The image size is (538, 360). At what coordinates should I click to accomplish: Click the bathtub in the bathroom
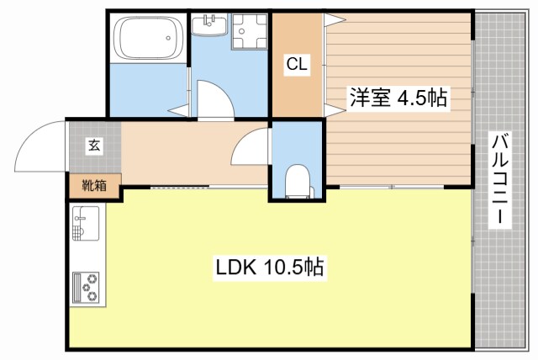[149, 39]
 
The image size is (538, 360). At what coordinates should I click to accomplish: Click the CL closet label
[295, 64]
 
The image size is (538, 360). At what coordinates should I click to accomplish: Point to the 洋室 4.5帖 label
[398, 98]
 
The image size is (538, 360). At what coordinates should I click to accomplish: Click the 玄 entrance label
[93, 145]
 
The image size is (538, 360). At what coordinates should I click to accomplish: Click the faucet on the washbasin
[208, 18]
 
